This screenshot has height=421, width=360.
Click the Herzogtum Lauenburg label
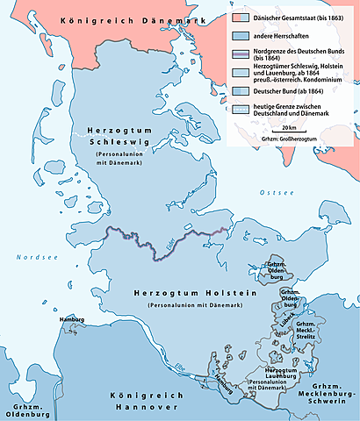coord(273,375)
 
